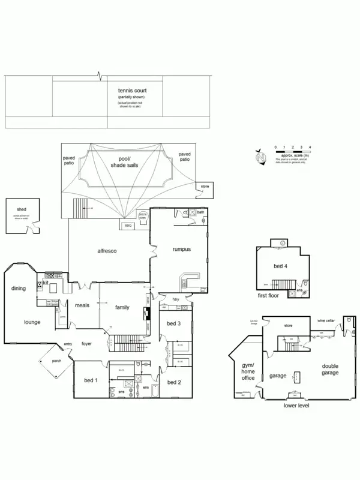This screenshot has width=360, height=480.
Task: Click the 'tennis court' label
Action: pos(132,90)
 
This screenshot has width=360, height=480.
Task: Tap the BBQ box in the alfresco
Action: pos(128,225)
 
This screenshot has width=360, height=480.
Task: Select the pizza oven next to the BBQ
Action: pos(143,215)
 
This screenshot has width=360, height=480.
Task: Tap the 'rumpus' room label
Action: pos(181,249)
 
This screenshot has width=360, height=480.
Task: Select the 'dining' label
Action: pos(19,289)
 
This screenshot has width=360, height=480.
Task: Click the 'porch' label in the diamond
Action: pos(56,361)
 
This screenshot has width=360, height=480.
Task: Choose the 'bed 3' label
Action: pos(173,323)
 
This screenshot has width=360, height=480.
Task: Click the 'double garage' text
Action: pos(330,369)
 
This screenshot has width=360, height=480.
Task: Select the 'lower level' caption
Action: pos(296,406)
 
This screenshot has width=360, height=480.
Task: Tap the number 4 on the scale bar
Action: pos(310,147)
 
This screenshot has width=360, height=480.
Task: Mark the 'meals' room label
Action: pos(82,305)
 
